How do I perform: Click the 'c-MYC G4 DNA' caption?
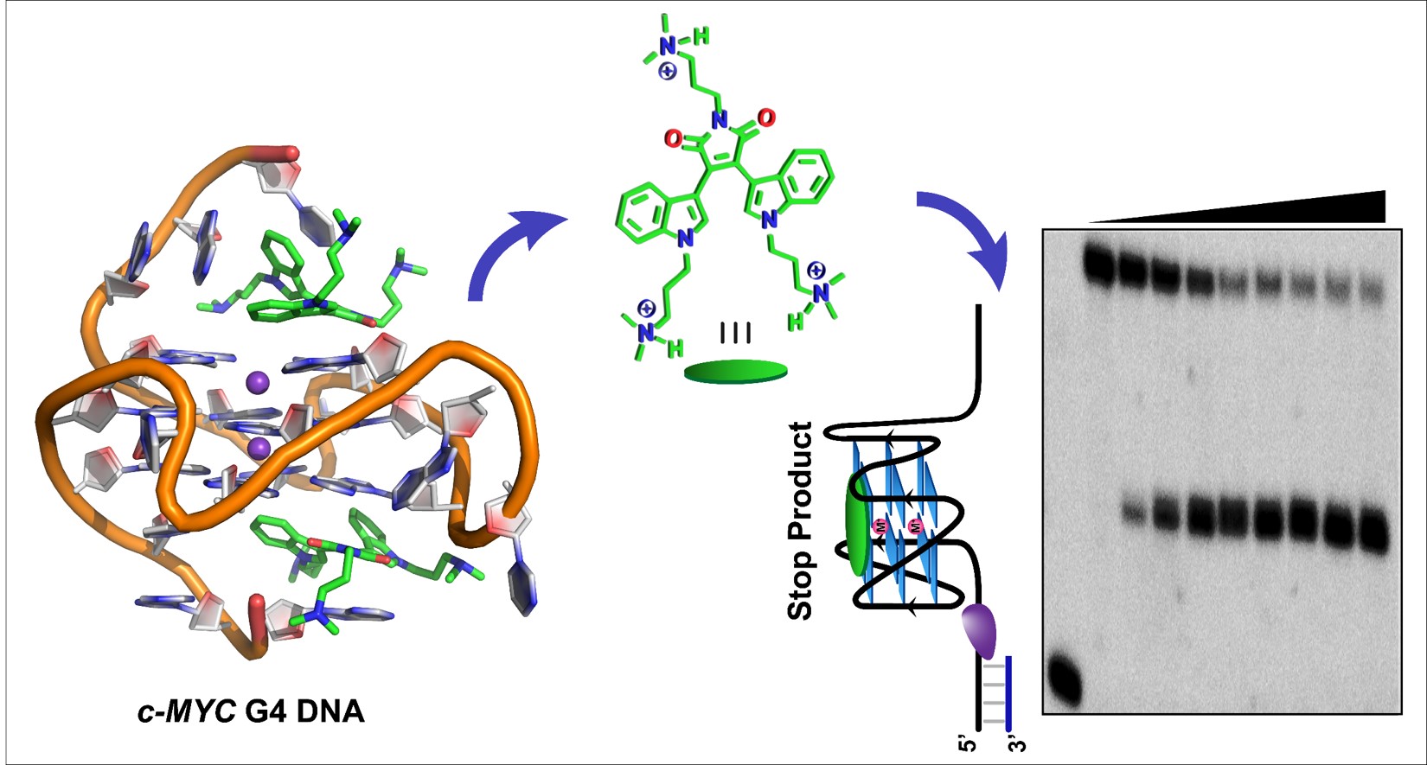coord(251,712)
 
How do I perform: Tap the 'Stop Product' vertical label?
coord(801,520)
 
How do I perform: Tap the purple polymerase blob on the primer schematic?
coord(981,628)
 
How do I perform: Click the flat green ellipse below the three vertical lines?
coord(735,371)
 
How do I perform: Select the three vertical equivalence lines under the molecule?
coord(735,333)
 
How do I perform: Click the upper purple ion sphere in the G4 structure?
coord(257,381)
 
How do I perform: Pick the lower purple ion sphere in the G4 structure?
coord(258,448)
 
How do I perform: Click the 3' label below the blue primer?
coord(1018,743)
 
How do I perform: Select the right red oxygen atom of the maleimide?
coord(765,118)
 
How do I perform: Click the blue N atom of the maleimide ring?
coord(719,121)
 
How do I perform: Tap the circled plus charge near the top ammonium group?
coord(667,72)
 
